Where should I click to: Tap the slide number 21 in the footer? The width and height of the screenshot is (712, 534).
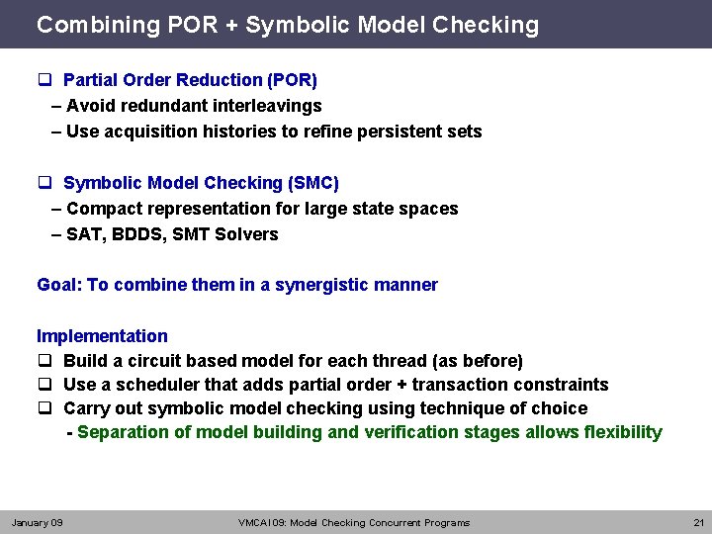(x=698, y=522)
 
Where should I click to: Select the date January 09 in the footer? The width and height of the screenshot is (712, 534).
(x=37, y=522)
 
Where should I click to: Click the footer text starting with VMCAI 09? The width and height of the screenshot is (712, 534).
(x=354, y=522)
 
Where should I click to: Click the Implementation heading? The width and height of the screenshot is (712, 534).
(x=102, y=336)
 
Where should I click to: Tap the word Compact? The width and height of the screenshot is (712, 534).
(x=100, y=209)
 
